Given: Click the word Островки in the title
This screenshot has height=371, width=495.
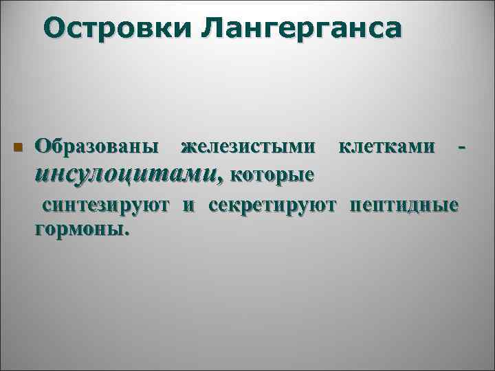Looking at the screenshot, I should click(x=118, y=30).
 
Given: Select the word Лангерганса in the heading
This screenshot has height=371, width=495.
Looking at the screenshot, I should click(x=303, y=30).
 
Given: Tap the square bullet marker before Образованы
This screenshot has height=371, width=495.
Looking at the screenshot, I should click(x=18, y=148).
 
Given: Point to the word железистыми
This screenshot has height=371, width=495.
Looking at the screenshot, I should click(x=249, y=146).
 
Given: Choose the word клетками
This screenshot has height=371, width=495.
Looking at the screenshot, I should click(x=386, y=146).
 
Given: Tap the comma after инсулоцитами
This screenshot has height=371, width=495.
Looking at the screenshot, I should click(x=221, y=180).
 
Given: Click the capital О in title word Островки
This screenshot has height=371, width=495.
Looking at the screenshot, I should click(x=52, y=30).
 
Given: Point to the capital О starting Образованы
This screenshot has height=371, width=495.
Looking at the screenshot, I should click(x=43, y=146).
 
